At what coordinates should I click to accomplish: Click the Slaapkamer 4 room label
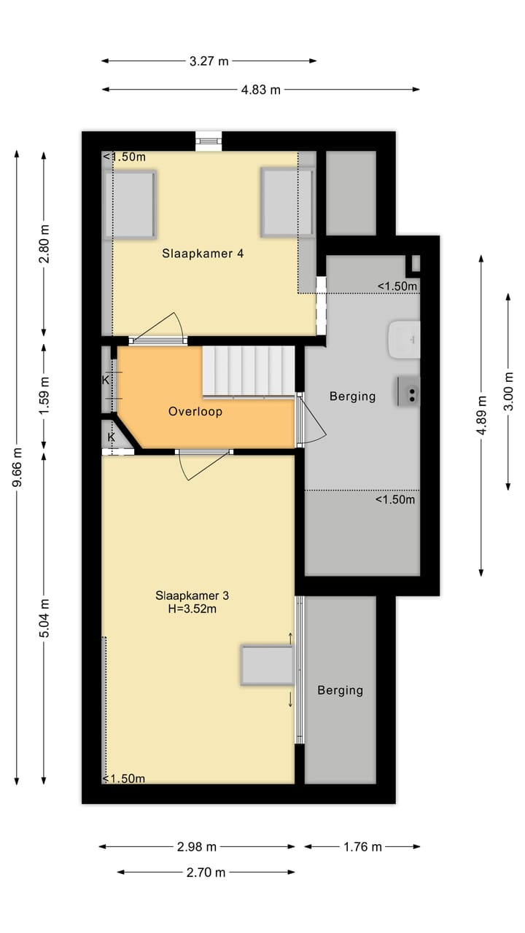click(x=202, y=254)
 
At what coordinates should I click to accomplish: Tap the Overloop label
click(x=195, y=411)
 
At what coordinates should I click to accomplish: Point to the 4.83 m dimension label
click(x=260, y=90)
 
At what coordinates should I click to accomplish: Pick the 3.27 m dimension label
click(x=209, y=61)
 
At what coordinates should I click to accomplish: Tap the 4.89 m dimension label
click(x=481, y=415)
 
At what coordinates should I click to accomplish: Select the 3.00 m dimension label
click(x=508, y=391)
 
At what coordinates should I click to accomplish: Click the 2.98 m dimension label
click(x=197, y=847)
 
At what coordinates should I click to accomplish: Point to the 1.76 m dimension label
click(x=362, y=847)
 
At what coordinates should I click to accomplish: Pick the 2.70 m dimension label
click(x=206, y=873)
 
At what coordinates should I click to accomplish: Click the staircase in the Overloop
click(x=248, y=371)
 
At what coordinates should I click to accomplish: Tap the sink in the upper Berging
click(x=403, y=340)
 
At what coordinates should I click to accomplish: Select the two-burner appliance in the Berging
click(x=408, y=391)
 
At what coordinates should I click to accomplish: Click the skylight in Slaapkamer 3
click(x=267, y=665)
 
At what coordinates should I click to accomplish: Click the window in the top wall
click(x=209, y=140)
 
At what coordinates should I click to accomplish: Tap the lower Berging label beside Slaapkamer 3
click(x=340, y=690)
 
